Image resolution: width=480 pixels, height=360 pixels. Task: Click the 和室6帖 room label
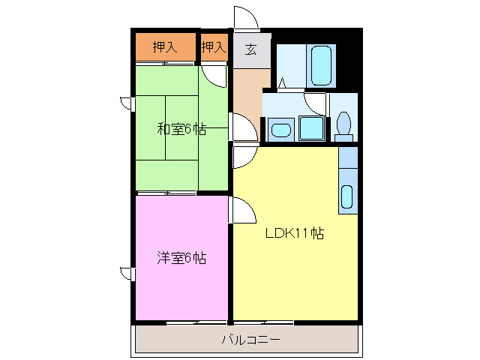[181, 128]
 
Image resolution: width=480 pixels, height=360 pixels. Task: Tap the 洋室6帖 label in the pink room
[181, 258]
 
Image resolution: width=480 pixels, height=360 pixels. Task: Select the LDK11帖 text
[294, 232]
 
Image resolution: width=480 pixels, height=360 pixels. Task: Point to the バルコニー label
[250, 340]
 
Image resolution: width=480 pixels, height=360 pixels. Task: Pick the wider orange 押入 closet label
[164, 47]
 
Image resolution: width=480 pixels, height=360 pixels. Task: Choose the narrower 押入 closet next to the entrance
[213, 47]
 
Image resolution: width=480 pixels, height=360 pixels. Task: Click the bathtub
[321, 67]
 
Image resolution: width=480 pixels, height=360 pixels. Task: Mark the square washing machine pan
[310, 128]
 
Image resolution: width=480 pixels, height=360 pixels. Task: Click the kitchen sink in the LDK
[347, 197]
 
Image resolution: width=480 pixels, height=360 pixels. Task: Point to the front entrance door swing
[245, 18]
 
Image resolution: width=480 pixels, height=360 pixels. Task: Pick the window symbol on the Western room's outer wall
[125, 271]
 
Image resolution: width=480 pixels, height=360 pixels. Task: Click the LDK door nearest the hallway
[244, 157]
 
